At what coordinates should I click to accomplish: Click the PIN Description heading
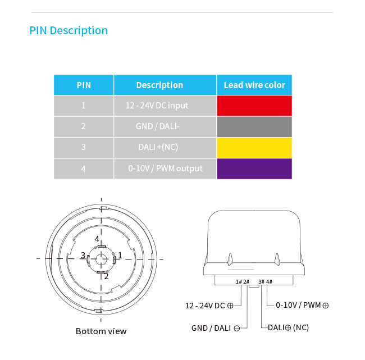click(69, 31)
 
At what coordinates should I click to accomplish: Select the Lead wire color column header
click(254, 85)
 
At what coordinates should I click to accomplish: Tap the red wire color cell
click(254, 106)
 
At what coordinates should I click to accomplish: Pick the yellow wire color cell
click(254, 148)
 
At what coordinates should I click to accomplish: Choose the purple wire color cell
click(254, 168)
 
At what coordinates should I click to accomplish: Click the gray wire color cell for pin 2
click(254, 127)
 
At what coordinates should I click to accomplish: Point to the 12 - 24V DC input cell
click(165, 106)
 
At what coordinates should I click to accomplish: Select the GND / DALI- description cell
click(165, 127)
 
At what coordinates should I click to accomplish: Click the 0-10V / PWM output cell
click(165, 168)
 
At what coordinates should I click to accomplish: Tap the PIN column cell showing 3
click(84, 148)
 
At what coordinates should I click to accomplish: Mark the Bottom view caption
click(101, 331)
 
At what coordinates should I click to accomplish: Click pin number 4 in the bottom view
click(97, 239)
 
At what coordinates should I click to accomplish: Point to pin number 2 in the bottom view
click(106, 276)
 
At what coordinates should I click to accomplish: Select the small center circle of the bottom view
click(101, 259)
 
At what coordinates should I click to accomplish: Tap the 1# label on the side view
click(239, 281)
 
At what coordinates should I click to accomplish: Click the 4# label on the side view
click(270, 281)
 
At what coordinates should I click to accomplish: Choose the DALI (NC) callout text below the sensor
click(288, 327)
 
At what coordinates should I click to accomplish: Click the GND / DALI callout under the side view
click(216, 328)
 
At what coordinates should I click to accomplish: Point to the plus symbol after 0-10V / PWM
click(326, 306)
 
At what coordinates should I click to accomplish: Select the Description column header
click(159, 85)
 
